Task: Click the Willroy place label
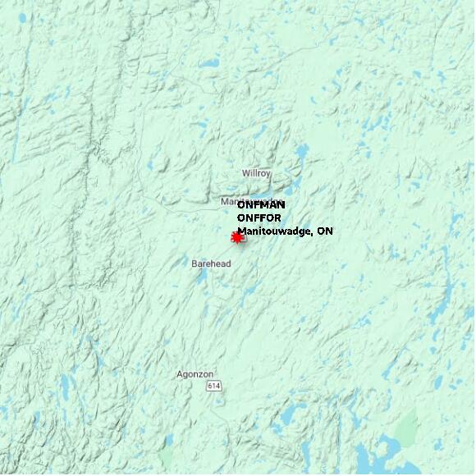click(256, 173)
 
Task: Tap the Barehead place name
click(211, 263)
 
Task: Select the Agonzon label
click(195, 374)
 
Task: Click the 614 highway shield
click(214, 386)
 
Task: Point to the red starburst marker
click(238, 237)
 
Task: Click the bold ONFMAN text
click(261, 205)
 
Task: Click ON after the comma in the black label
click(326, 231)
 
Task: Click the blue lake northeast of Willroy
click(302, 153)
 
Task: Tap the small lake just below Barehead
click(202, 276)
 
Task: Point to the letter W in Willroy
click(245, 173)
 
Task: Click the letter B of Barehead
click(195, 263)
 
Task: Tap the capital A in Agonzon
click(180, 374)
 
